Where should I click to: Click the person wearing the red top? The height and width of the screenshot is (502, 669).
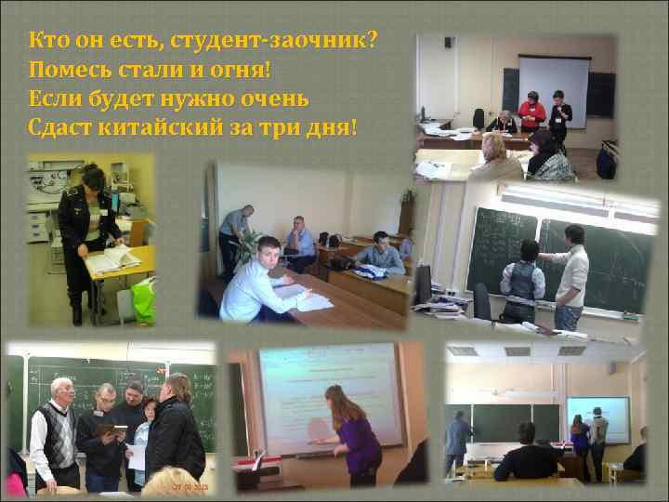[532, 111]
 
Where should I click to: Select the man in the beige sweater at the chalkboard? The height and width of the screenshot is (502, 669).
[570, 274]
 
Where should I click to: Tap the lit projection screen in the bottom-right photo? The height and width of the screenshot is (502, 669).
[597, 421]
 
